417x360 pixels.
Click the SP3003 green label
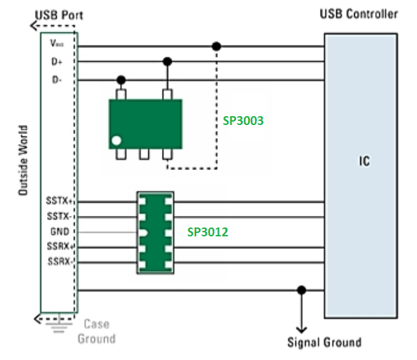coord(243,120)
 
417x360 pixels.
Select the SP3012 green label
coord(208,232)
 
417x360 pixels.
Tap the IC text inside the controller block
coord(365,162)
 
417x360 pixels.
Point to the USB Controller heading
coord(358,14)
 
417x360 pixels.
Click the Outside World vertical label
coord(23,162)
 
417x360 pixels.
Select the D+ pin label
coord(56,62)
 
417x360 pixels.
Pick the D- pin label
coord(56,81)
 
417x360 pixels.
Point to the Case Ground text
coord(96,331)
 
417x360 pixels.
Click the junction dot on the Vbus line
coord(217,46)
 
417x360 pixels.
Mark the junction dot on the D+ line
coord(167,61)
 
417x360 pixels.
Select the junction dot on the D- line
coord(122,80)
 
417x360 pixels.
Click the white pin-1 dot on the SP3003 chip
coord(117,141)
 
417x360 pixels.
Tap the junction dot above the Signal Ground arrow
coord(301,290)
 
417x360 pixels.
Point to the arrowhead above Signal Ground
coord(301,326)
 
